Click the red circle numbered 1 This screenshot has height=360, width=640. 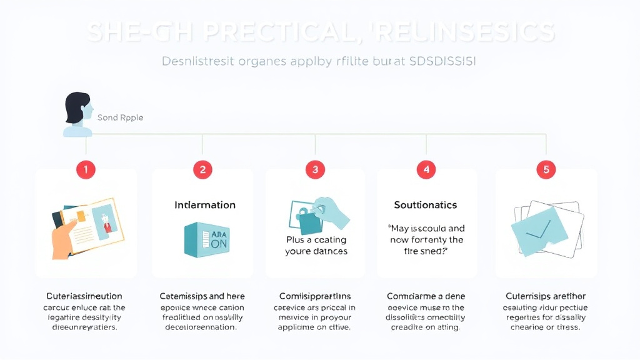[86, 169]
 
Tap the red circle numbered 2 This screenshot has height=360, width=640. [202, 169]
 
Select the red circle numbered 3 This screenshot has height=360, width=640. [316, 169]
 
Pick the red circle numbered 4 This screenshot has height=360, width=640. [426, 169]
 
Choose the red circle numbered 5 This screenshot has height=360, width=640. [546, 169]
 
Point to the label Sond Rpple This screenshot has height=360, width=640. [120, 117]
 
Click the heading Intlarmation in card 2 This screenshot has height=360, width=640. [205, 205]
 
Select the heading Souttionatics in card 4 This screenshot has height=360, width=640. [426, 205]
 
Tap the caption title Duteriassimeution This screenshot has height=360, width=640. [84, 296]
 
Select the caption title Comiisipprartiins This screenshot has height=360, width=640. [315, 296]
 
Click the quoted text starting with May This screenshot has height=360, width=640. [426, 239]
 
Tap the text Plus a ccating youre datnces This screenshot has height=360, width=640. [316, 246]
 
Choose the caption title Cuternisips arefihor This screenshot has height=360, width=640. [546, 296]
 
